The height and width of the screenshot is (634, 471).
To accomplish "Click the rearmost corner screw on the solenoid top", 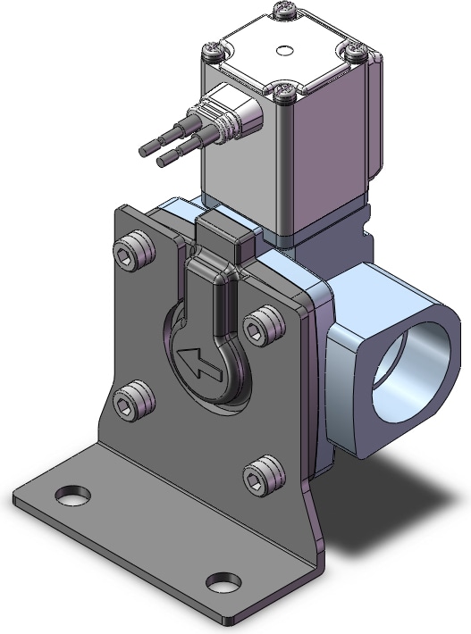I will coord(283,10).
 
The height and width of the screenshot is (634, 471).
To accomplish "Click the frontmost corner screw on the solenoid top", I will coord(285,91).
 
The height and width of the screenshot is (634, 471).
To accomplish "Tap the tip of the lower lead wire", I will coord(159,163).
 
